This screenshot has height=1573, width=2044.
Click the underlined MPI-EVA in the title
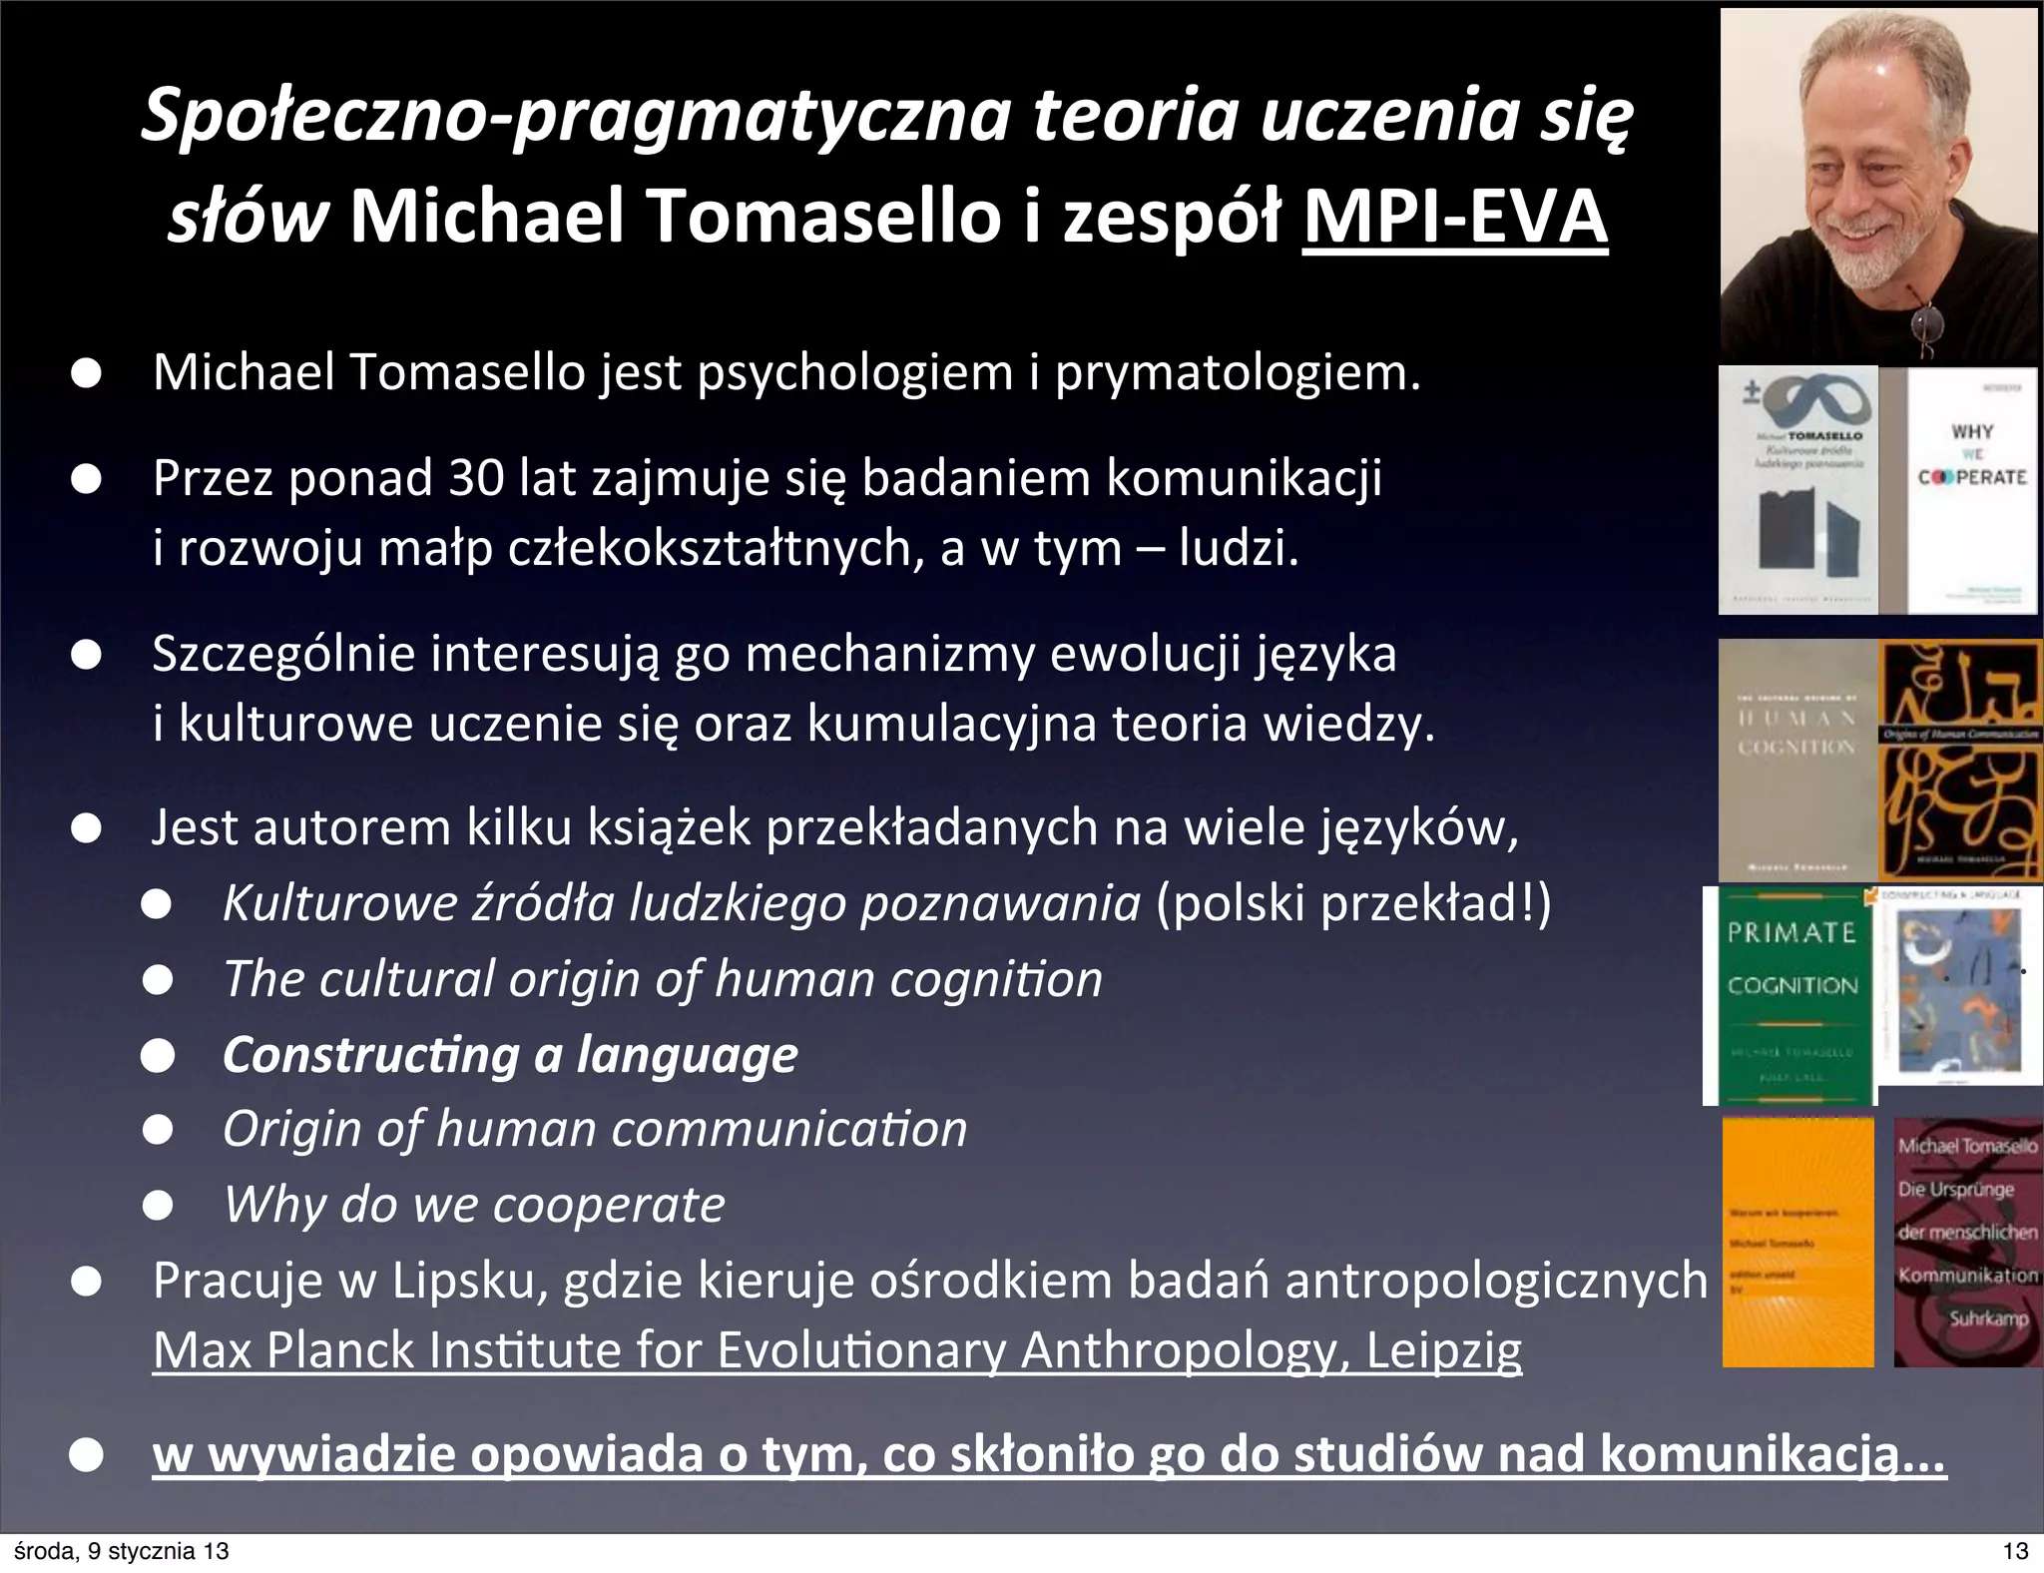(1454, 217)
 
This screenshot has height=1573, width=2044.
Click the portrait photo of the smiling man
(1878, 185)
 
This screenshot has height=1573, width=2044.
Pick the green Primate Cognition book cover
(1790, 996)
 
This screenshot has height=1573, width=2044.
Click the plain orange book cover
(1797, 1242)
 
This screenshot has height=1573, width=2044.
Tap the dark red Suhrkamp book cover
(1967, 1242)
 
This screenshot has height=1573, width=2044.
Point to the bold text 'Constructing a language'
(510, 1055)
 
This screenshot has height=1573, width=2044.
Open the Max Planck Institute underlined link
(837, 1350)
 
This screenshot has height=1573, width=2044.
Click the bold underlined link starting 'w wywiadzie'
(1049, 1453)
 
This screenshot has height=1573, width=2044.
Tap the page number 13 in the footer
(2015, 1551)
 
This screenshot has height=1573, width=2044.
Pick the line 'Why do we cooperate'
(474, 1204)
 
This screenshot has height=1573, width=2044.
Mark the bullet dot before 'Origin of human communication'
(158, 1130)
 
